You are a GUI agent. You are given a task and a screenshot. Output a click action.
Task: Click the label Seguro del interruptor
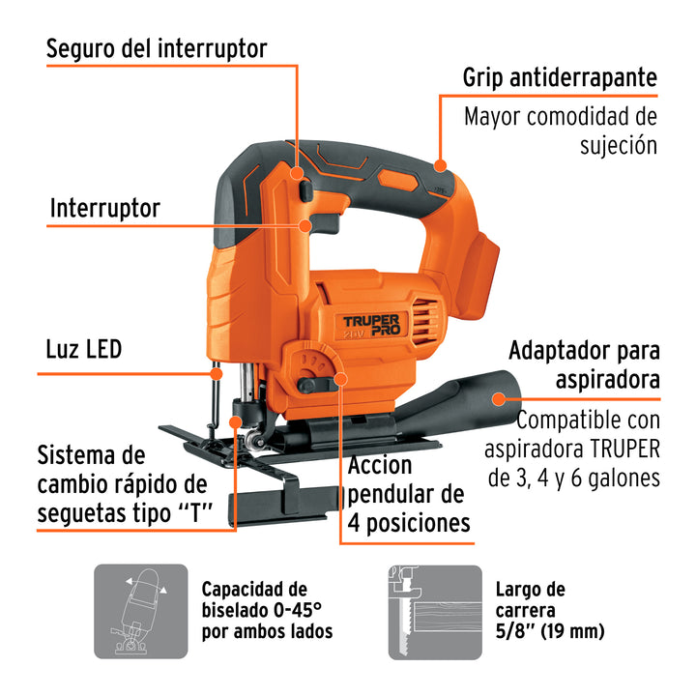pyautogui.click(x=157, y=48)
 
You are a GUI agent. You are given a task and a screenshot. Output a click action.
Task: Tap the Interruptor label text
pyautogui.click(x=104, y=207)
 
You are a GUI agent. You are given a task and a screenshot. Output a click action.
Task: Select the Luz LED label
pyautogui.click(x=83, y=348)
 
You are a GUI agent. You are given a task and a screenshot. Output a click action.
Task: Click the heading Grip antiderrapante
pyautogui.click(x=560, y=76)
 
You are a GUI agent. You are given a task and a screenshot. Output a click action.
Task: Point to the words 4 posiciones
pyautogui.click(x=409, y=522)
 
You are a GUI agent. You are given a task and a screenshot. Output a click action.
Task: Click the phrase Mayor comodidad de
pyautogui.click(x=560, y=117)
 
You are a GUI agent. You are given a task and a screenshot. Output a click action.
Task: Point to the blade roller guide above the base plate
pyautogui.click(x=253, y=442)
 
